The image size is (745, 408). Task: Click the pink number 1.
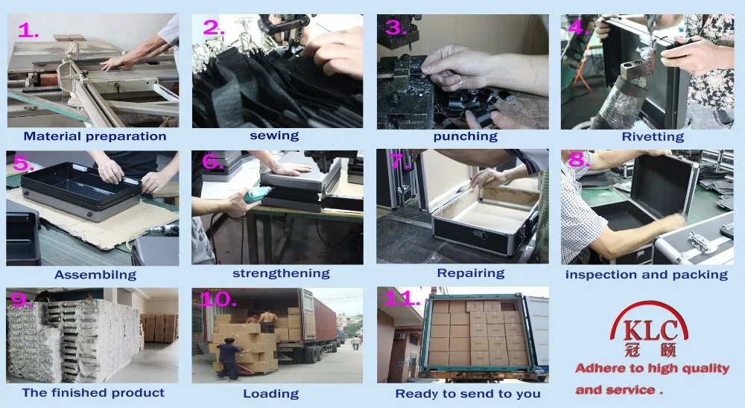pos(28,31)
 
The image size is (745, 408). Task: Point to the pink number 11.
pos(402,299)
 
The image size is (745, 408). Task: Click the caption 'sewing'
pos(274,136)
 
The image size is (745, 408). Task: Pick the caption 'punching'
pos(465,136)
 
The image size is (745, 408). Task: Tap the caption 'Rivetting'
pos(653,137)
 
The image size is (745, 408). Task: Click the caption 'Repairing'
pos(470,273)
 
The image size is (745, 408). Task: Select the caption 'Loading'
pos(271,394)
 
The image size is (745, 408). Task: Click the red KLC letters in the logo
pos(650,331)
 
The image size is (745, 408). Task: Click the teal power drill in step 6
pos(257,194)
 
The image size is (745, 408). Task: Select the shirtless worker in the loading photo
pos(268,321)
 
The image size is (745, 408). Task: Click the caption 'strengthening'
pos(281,273)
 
